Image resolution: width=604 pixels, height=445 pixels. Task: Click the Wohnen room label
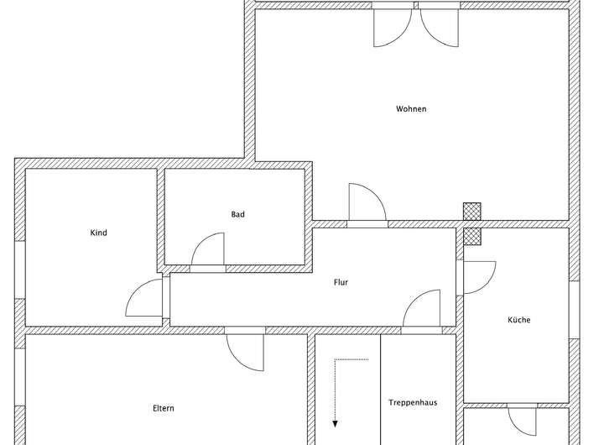coord(411,109)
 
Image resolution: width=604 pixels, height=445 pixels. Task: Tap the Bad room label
coord(238,215)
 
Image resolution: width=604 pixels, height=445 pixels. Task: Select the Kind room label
coord(98,233)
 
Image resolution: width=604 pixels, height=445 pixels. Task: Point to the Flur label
coord(340,283)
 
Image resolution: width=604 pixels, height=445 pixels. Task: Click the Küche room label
coord(518,320)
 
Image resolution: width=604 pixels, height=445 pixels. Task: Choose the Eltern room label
coord(163,409)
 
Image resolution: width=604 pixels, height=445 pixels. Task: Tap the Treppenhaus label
coord(413,403)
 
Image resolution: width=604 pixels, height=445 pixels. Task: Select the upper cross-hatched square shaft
coord(473,212)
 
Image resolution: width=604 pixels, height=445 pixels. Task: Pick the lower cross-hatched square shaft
coord(473,236)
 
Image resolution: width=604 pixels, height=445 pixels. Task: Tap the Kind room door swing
coord(144,298)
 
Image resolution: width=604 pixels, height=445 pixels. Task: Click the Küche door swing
coord(478,277)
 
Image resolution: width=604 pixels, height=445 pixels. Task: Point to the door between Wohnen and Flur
coord(367,204)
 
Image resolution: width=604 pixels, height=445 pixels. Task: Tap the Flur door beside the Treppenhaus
coord(422,308)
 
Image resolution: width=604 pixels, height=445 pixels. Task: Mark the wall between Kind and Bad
coord(160,219)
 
